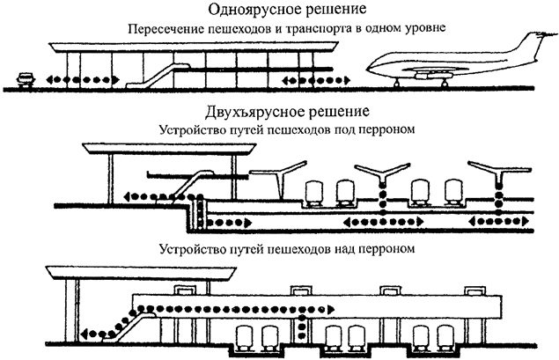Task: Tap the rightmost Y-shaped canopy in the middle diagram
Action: [x=496, y=170]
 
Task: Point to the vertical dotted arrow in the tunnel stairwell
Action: [x=201, y=211]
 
